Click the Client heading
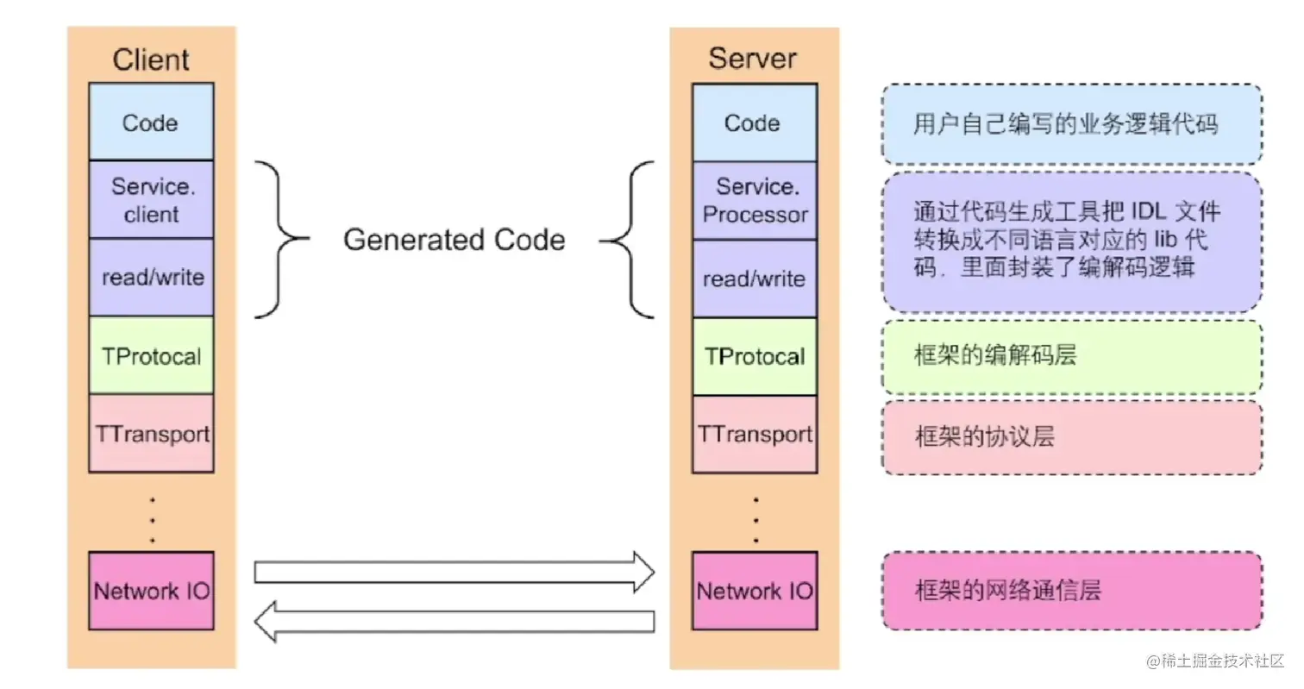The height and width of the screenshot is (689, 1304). pos(151,60)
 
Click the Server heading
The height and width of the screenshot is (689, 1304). pos(753,59)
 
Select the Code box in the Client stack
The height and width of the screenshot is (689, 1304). pos(151,122)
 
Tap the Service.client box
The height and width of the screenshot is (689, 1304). pos(151,199)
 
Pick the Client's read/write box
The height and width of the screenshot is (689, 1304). pos(151,277)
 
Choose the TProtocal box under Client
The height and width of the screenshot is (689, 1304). pos(151,355)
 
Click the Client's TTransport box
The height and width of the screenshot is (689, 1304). pos(151,433)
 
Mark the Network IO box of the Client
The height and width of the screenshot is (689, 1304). pos(151,591)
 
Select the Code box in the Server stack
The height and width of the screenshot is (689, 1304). pos(754,122)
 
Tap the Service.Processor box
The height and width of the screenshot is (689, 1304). pos(754,200)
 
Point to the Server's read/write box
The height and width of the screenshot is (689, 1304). pos(754,279)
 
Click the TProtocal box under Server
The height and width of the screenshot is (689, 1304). pos(754,356)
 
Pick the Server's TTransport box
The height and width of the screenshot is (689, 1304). pos(754,434)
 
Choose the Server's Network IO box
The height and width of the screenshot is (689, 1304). pos(754,591)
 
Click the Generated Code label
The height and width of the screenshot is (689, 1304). pos(454,239)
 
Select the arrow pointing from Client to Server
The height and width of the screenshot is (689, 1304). pos(454,572)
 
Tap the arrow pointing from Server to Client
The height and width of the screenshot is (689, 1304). pos(454,621)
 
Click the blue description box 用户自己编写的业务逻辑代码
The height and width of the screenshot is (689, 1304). pos(1071,124)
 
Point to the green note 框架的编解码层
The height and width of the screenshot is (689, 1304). pos(1071,356)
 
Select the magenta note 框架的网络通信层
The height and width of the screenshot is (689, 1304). pos(1071,591)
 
